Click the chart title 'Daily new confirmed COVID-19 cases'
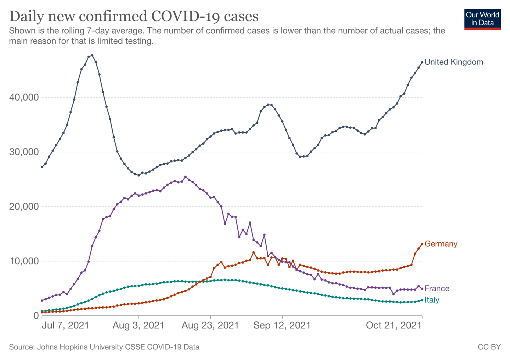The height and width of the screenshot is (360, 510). click(x=134, y=16)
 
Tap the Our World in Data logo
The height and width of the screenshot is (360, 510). click(x=482, y=19)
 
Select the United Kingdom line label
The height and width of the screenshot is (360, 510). click(x=454, y=62)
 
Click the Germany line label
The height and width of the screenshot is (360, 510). click(x=441, y=244)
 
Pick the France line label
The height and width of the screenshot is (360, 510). click(x=437, y=288)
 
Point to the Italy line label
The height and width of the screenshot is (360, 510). click(x=432, y=300)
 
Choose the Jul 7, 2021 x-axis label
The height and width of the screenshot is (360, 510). click(x=66, y=325)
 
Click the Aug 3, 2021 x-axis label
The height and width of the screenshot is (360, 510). click(x=138, y=325)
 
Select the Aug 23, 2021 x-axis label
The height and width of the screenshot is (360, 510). click(x=210, y=325)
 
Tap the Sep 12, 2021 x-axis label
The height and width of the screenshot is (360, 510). click(x=282, y=325)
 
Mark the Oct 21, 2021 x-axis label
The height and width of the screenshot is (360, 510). click(x=394, y=325)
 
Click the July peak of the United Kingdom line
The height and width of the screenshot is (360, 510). click(x=92, y=55)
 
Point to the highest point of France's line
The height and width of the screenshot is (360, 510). click(x=185, y=177)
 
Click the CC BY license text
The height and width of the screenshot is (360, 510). click(x=489, y=347)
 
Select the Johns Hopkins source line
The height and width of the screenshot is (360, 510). click(x=104, y=347)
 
